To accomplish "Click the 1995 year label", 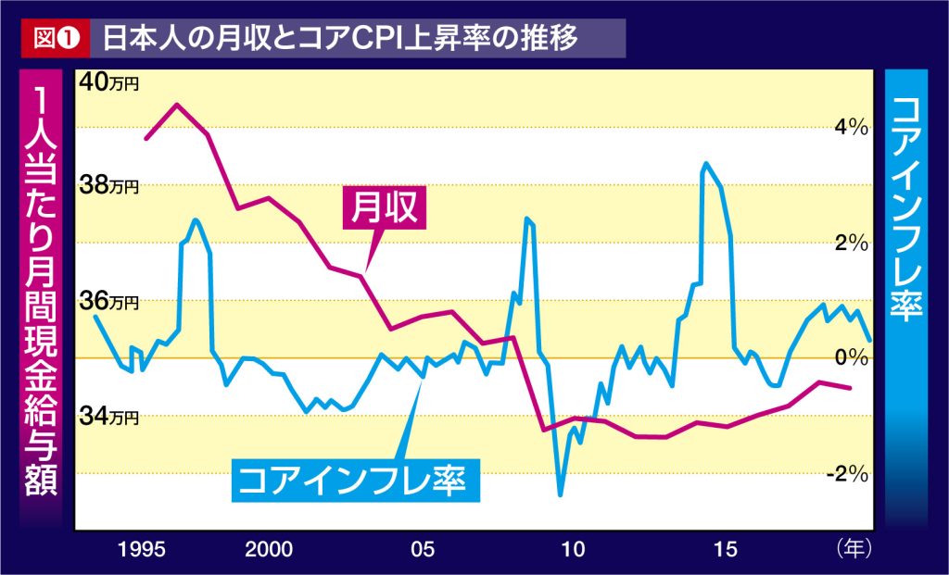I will click(x=145, y=549).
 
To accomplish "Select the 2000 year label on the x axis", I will click(x=271, y=549).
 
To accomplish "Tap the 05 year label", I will click(x=422, y=549).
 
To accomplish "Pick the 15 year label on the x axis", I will click(x=726, y=549).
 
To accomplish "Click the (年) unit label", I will click(x=853, y=548).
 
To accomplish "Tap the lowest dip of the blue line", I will click(x=560, y=494).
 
